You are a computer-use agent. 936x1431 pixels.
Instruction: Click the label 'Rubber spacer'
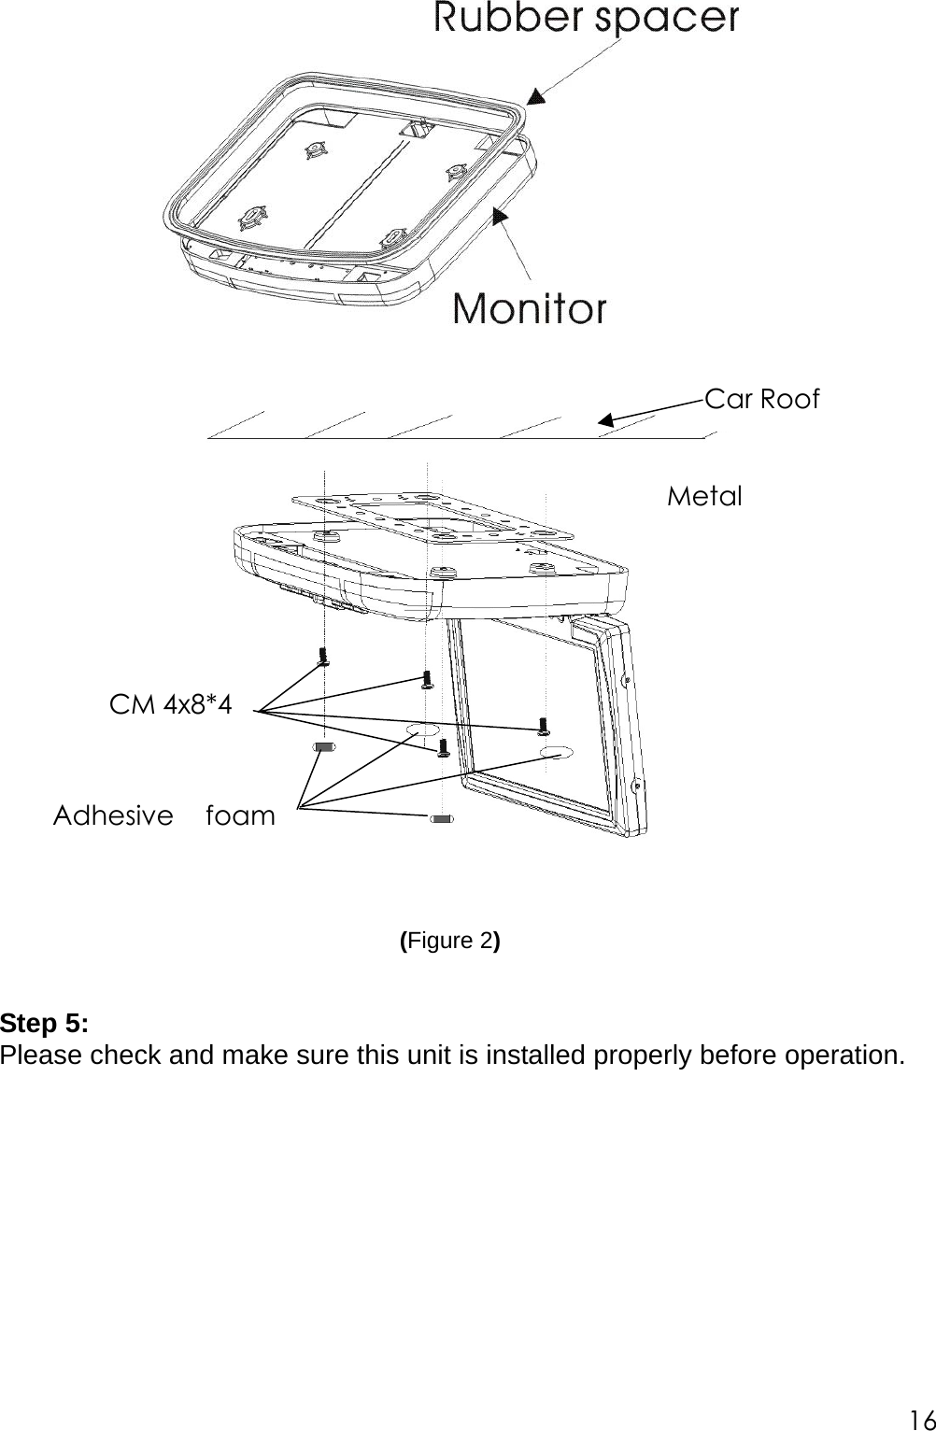[x=586, y=18]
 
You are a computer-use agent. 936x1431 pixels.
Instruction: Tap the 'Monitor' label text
[x=530, y=307]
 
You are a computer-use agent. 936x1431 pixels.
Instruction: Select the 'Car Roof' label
[x=761, y=399]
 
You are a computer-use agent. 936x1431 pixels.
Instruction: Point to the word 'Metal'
[x=704, y=496]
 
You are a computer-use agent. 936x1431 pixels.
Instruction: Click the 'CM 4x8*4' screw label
[x=171, y=704]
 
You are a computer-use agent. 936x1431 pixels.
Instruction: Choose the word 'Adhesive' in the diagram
[x=113, y=815]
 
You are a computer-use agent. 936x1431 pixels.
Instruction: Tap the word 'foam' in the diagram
[x=240, y=815]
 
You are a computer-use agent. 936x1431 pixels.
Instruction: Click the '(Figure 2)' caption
[x=450, y=941]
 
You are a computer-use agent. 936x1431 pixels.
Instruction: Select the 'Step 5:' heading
[x=45, y=1023]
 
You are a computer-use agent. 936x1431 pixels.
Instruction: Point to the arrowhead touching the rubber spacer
[x=533, y=96]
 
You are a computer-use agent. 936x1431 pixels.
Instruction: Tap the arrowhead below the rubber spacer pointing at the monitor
[x=501, y=216]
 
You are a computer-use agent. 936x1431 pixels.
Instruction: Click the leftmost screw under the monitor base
[x=324, y=657]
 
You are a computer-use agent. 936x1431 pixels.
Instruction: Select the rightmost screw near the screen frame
[x=543, y=726]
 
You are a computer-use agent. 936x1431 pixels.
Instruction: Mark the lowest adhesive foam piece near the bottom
[x=442, y=820]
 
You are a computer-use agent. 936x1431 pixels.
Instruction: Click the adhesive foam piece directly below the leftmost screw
[x=323, y=747]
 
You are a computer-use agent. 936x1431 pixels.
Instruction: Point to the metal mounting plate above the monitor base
[x=432, y=517]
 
